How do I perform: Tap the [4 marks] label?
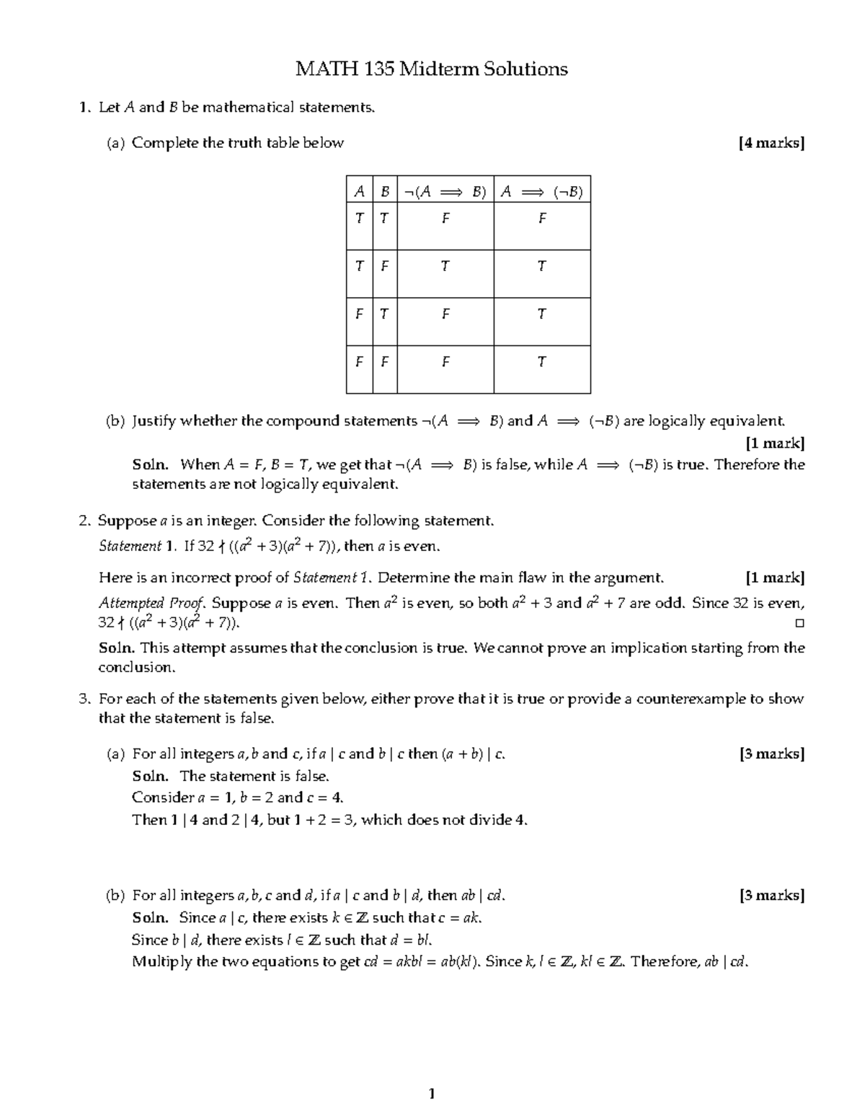[771, 143]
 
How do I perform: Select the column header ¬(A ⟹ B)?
[445, 192]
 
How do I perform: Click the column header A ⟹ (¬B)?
[541, 192]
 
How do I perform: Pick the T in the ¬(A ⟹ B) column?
[445, 266]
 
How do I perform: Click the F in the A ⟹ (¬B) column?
[542, 219]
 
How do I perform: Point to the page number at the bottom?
[432, 1095]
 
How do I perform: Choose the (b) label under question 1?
[115, 421]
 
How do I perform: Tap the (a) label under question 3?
[115, 754]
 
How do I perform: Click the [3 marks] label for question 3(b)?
[771, 896]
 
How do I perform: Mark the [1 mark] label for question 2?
[775, 578]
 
